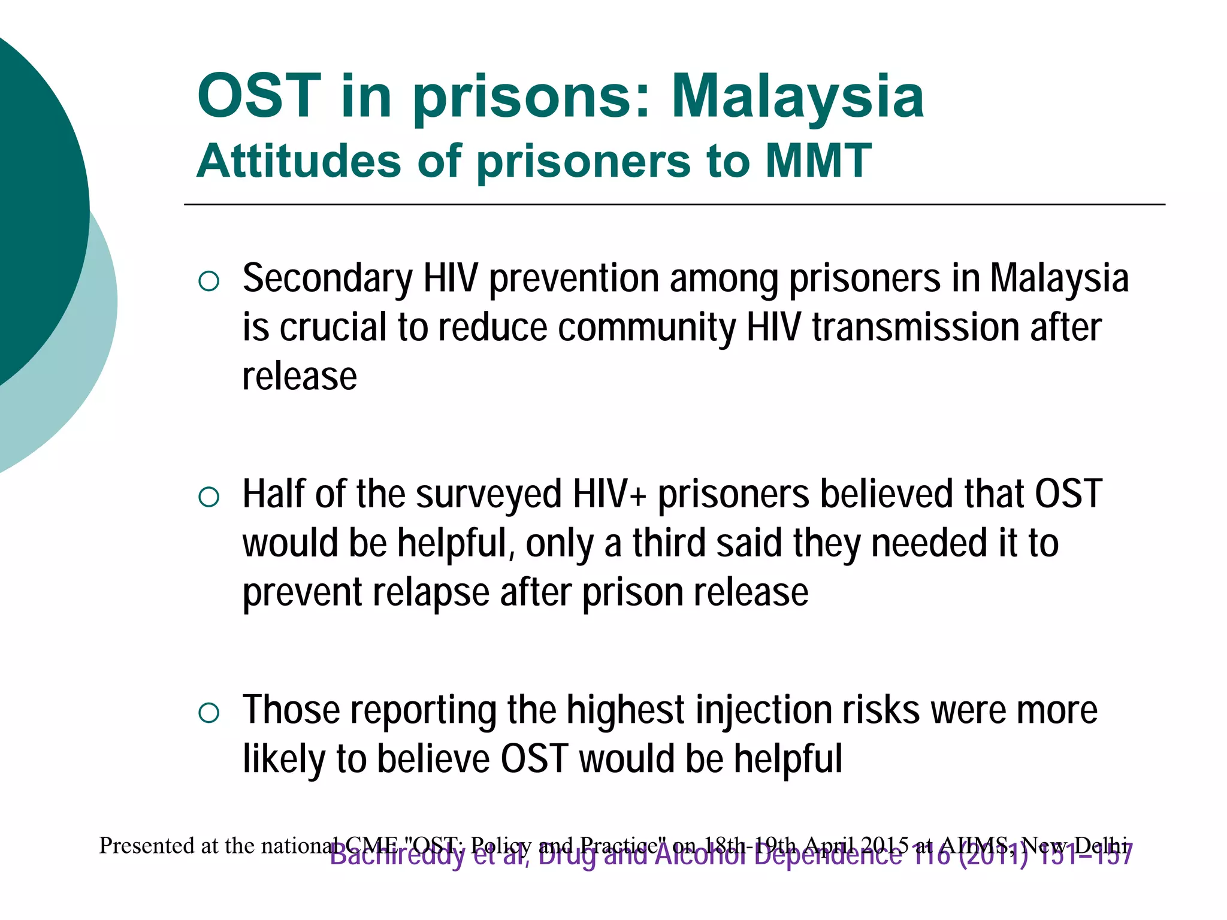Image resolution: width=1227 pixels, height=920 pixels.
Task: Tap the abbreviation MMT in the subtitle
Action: pos(818,161)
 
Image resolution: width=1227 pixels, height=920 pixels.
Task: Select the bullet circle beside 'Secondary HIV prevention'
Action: pos(208,281)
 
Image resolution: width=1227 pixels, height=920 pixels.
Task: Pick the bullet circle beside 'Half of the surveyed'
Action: pos(208,497)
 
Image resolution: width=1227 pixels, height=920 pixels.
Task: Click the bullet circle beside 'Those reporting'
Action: pos(208,712)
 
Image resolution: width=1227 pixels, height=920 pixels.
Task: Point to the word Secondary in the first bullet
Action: pos(327,279)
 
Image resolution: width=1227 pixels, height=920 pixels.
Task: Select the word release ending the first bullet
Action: pos(300,377)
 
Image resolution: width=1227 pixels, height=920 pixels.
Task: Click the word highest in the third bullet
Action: pos(625,710)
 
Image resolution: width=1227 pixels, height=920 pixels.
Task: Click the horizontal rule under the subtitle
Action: pos(674,205)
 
